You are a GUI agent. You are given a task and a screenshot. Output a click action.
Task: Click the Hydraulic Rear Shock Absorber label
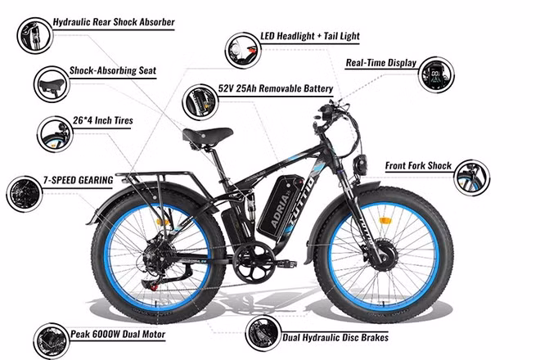114,22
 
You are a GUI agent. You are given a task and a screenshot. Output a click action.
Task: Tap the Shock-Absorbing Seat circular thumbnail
52,84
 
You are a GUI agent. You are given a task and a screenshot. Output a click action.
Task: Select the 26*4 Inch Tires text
102,120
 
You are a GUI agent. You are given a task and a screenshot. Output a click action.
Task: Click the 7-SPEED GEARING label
79,180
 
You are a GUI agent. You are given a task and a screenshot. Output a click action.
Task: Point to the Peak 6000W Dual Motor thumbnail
52,341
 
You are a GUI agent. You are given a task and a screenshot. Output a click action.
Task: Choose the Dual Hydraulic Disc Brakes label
335,337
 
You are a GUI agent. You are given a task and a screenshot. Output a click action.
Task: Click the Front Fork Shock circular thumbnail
471,178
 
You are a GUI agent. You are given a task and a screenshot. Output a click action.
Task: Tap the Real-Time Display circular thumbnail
436,74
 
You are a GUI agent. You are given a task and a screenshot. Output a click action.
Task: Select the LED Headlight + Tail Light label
310,36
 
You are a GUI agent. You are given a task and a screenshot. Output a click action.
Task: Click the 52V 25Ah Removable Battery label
276,88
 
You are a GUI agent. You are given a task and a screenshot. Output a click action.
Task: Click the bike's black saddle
207,135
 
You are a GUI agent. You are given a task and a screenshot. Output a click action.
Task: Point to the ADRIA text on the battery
280,210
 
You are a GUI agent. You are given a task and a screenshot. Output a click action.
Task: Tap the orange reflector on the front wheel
384,220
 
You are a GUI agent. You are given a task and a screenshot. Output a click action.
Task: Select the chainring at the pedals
254,262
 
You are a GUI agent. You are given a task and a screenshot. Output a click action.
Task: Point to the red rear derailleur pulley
154,286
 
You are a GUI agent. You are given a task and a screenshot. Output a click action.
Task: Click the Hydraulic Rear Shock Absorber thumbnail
35,35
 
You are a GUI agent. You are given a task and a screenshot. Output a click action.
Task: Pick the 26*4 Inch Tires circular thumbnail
55,134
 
